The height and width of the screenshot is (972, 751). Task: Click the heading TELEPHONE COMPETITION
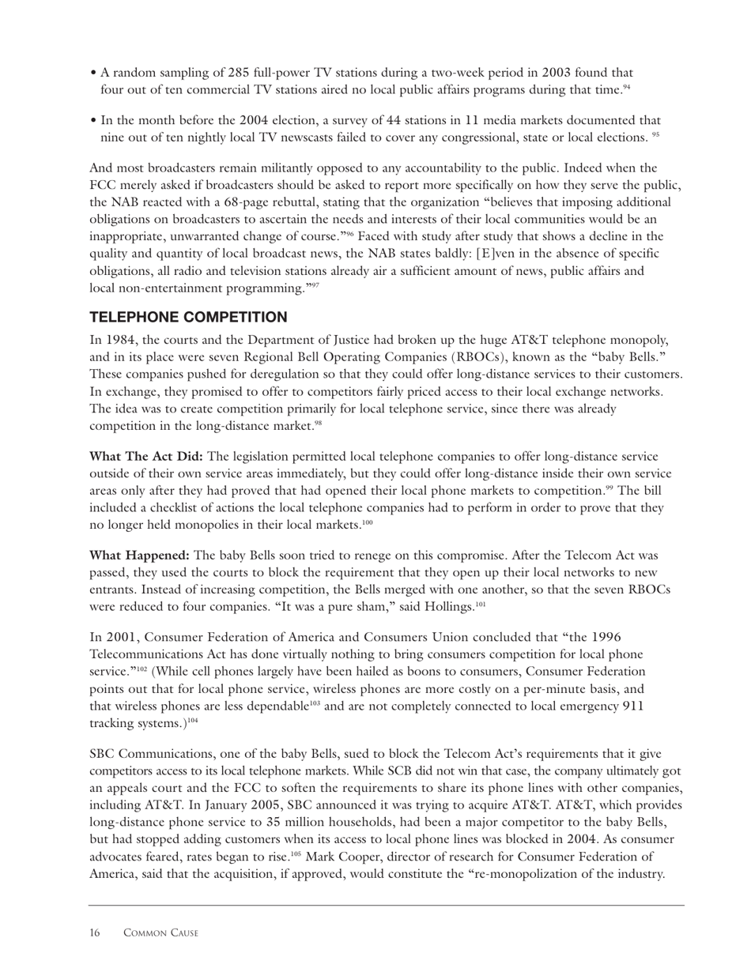point(188,317)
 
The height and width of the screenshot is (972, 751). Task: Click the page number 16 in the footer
point(95,933)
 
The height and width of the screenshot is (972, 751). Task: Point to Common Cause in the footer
point(161,933)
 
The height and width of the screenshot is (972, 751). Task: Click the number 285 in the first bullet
point(239,72)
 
